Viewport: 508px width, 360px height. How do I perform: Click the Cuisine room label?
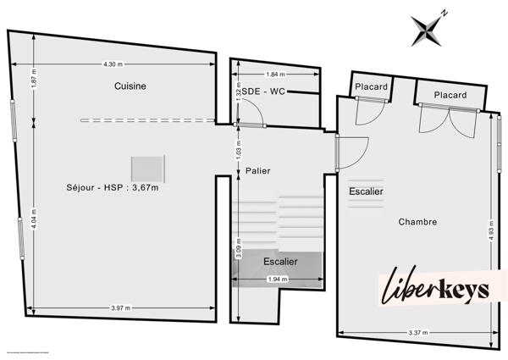point(131,86)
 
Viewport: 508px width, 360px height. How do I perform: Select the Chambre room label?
point(418,222)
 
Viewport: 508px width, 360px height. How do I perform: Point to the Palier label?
point(258,170)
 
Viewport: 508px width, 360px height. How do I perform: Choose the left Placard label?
point(371,87)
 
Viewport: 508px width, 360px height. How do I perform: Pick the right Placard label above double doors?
point(450,95)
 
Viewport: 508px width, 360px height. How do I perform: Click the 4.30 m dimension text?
point(113,64)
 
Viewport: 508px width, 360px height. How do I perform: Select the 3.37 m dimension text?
point(415,333)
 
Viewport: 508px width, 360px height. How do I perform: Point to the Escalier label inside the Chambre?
point(366,191)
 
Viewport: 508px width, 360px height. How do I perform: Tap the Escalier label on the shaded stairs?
point(279,261)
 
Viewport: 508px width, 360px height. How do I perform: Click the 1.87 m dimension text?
point(33,85)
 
